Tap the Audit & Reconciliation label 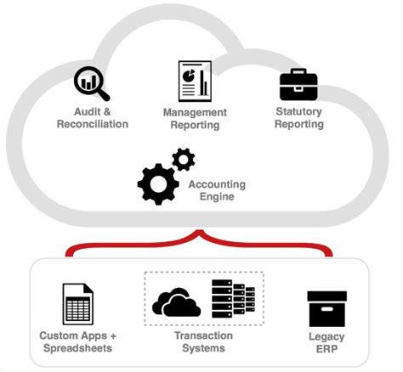[93, 118]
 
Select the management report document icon [195, 81]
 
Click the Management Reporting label [195, 119]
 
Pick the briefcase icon [298, 83]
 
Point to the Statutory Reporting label [299, 118]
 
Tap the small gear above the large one [183, 159]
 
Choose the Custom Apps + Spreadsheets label [77, 341]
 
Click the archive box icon [326, 308]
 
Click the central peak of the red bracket [201, 232]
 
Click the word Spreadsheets [77, 347]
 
